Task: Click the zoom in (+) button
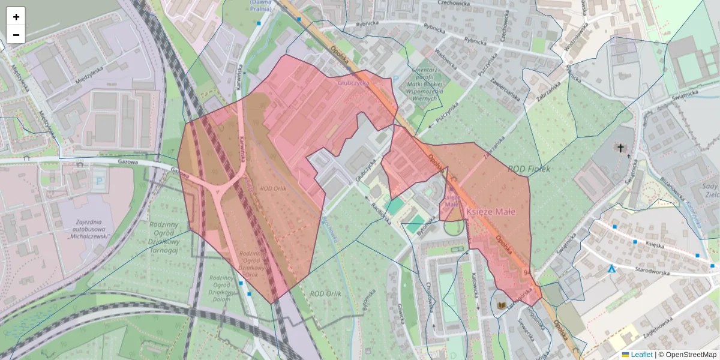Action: (x=16, y=17)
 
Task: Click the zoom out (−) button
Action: (x=16, y=35)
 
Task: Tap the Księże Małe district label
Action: (x=491, y=211)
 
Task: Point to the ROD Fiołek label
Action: (x=529, y=169)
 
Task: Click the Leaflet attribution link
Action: (x=641, y=355)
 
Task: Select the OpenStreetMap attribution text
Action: (x=691, y=355)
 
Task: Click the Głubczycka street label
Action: (x=353, y=83)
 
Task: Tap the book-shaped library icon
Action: (x=500, y=306)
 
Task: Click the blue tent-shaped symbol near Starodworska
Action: (x=611, y=269)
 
